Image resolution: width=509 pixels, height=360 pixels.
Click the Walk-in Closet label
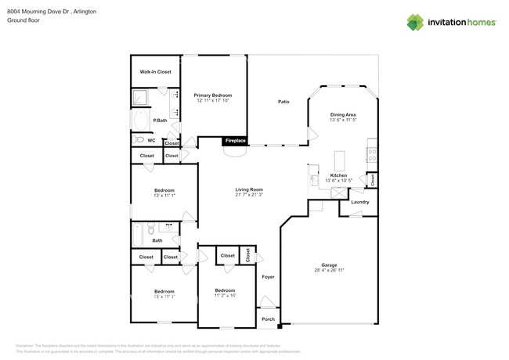point(155,72)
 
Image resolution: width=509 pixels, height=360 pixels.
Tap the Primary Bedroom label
point(213,95)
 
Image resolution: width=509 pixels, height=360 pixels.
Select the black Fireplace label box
point(236,141)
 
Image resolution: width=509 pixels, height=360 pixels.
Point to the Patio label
point(283,102)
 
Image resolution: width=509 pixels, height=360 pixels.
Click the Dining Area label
point(343,114)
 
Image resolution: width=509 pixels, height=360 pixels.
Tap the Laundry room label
point(360,202)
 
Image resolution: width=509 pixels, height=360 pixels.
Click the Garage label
point(328,265)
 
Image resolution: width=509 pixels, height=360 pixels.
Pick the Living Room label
point(249,189)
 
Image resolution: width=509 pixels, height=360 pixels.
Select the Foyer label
point(268,277)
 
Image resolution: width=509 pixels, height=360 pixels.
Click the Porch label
point(268,319)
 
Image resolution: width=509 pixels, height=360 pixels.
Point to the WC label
point(151,141)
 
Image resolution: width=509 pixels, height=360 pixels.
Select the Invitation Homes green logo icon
point(415,22)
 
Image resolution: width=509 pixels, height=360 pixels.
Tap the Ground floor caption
point(23,20)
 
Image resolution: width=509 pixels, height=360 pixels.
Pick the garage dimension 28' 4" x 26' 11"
point(328,270)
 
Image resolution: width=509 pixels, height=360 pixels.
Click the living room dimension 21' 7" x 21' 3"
point(249,195)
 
